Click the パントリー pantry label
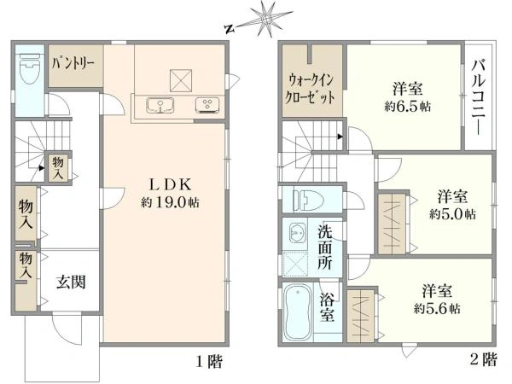[76, 63]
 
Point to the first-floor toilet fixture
[31, 67]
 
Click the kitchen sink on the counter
[160, 106]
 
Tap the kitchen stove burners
[207, 106]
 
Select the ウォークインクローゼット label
[311, 85]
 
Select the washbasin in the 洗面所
[297, 232]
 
